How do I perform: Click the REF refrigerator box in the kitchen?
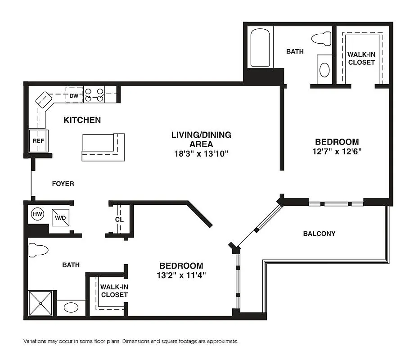click(x=38, y=140)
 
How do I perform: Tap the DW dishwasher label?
click(x=74, y=95)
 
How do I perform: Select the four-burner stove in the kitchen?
click(x=95, y=94)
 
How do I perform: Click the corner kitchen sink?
click(x=44, y=99)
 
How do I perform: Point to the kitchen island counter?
click(x=103, y=147)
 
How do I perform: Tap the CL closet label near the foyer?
click(x=119, y=220)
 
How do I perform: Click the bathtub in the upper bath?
click(x=260, y=48)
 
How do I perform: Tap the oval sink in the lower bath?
click(x=71, y=308)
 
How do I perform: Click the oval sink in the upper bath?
click(x=324, y=69)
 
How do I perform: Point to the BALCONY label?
click(x=319, y=234)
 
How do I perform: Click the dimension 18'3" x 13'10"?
click(x=201, y=153)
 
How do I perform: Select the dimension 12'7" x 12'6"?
click(x=337, y=151)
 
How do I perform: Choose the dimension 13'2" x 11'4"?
click(x=181, y=275)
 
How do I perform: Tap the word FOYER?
click(x=63, y=184)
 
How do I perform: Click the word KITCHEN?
click(x=82, y=120)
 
